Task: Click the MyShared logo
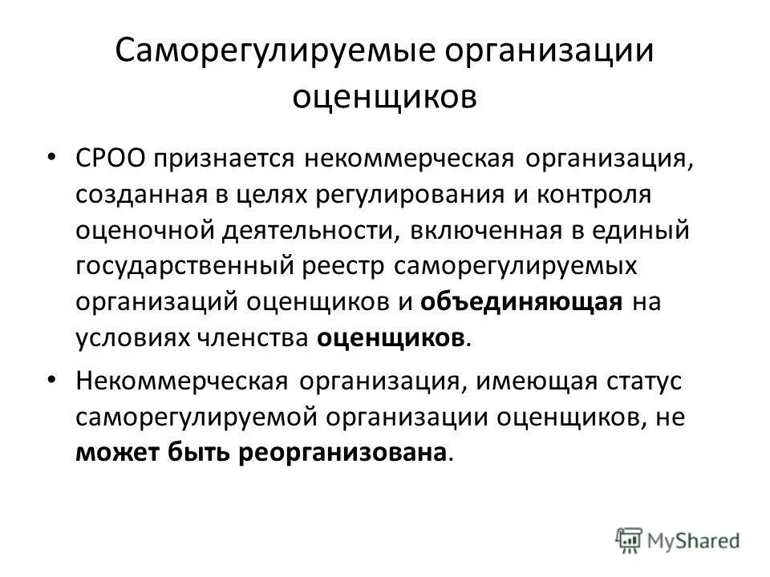tap(679, 539)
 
